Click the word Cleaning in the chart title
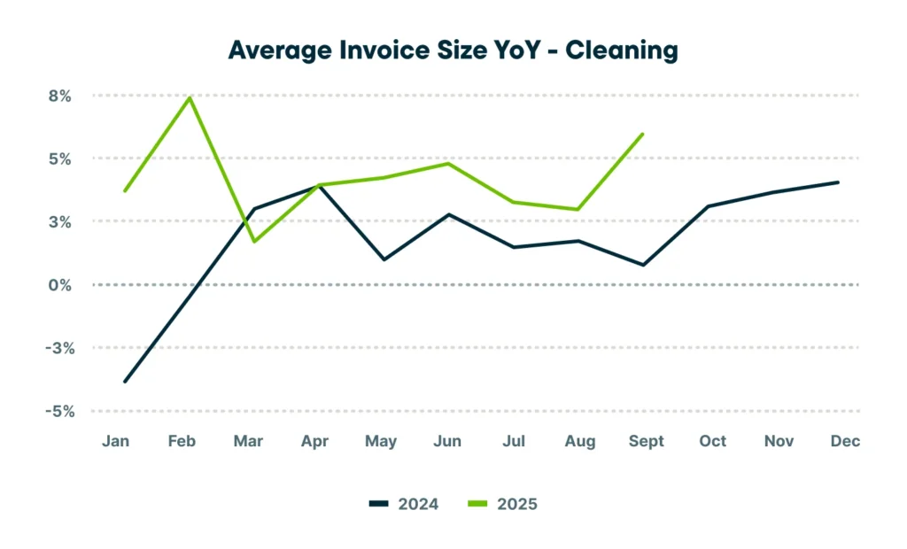622,50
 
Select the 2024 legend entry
406,504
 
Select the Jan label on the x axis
116,441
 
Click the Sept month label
646,441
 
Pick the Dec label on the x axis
846,441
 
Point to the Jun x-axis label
447,441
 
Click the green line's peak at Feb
189,97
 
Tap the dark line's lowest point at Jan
125,382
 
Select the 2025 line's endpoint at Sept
643,134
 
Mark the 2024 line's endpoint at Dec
838,182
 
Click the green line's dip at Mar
254,242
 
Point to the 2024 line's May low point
384,259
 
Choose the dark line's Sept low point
643,265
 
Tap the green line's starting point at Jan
125,190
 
